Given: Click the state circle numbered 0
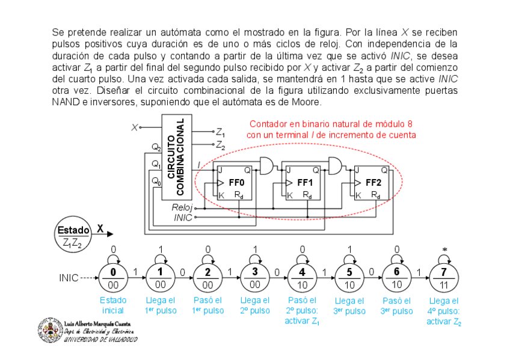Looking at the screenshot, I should [113, 278].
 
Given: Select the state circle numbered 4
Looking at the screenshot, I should [302, 278].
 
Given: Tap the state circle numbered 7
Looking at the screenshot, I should [443, 278].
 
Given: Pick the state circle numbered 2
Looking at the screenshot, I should [207, 278].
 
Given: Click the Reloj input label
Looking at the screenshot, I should [182, 207].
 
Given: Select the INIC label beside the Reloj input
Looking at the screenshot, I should [183, 218].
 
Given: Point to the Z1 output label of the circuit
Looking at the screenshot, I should [221, 132].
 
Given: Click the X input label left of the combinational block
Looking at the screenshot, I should [134, 127].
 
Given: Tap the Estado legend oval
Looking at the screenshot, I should [73, 236].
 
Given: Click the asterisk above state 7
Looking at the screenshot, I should [444, 249].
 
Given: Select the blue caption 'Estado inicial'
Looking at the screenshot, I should [113, 305].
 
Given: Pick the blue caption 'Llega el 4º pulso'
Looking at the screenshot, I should [444, 310].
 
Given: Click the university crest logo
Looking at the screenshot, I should [49, 330].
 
